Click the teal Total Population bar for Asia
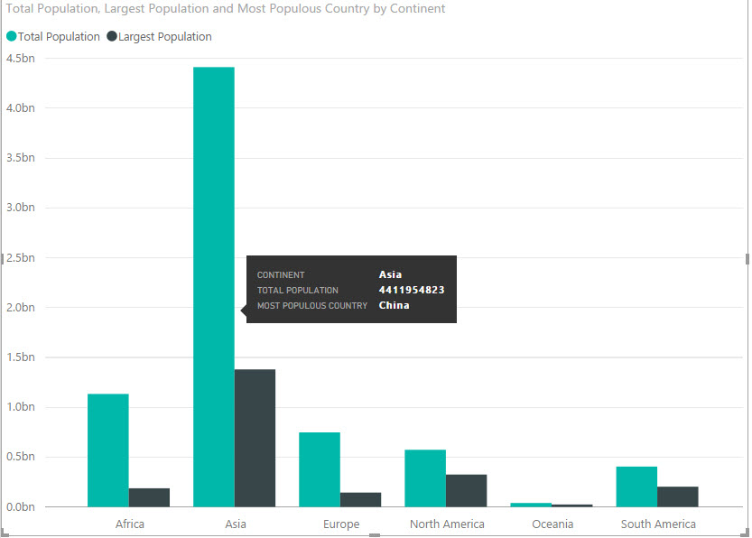click(x=214, y=181)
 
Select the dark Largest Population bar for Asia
click(x=255, y=438)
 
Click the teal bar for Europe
click(x=320, y=469)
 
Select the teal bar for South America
click(x=636, y=487)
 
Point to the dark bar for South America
click(x=677, y=496)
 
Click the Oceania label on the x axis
click(x=552, y=524)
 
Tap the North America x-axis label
click(x=447, y=524)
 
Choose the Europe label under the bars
click(x=341, y=524)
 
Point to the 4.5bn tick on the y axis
click(x=20, y=59)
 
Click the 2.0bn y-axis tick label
click(x=20, y=308)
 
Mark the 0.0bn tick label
click(x=20, y=507)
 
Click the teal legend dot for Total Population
click(x=12, y=37)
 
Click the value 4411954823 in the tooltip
click(x=412, y=290)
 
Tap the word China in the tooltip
click(x=394, y=305)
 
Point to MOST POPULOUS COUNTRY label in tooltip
click(x=312, y=306)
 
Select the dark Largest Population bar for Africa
click(x=149, y=497)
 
